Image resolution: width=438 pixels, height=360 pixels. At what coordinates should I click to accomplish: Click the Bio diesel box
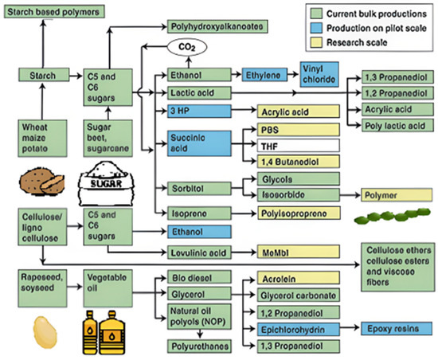click(x=197, y=277)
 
